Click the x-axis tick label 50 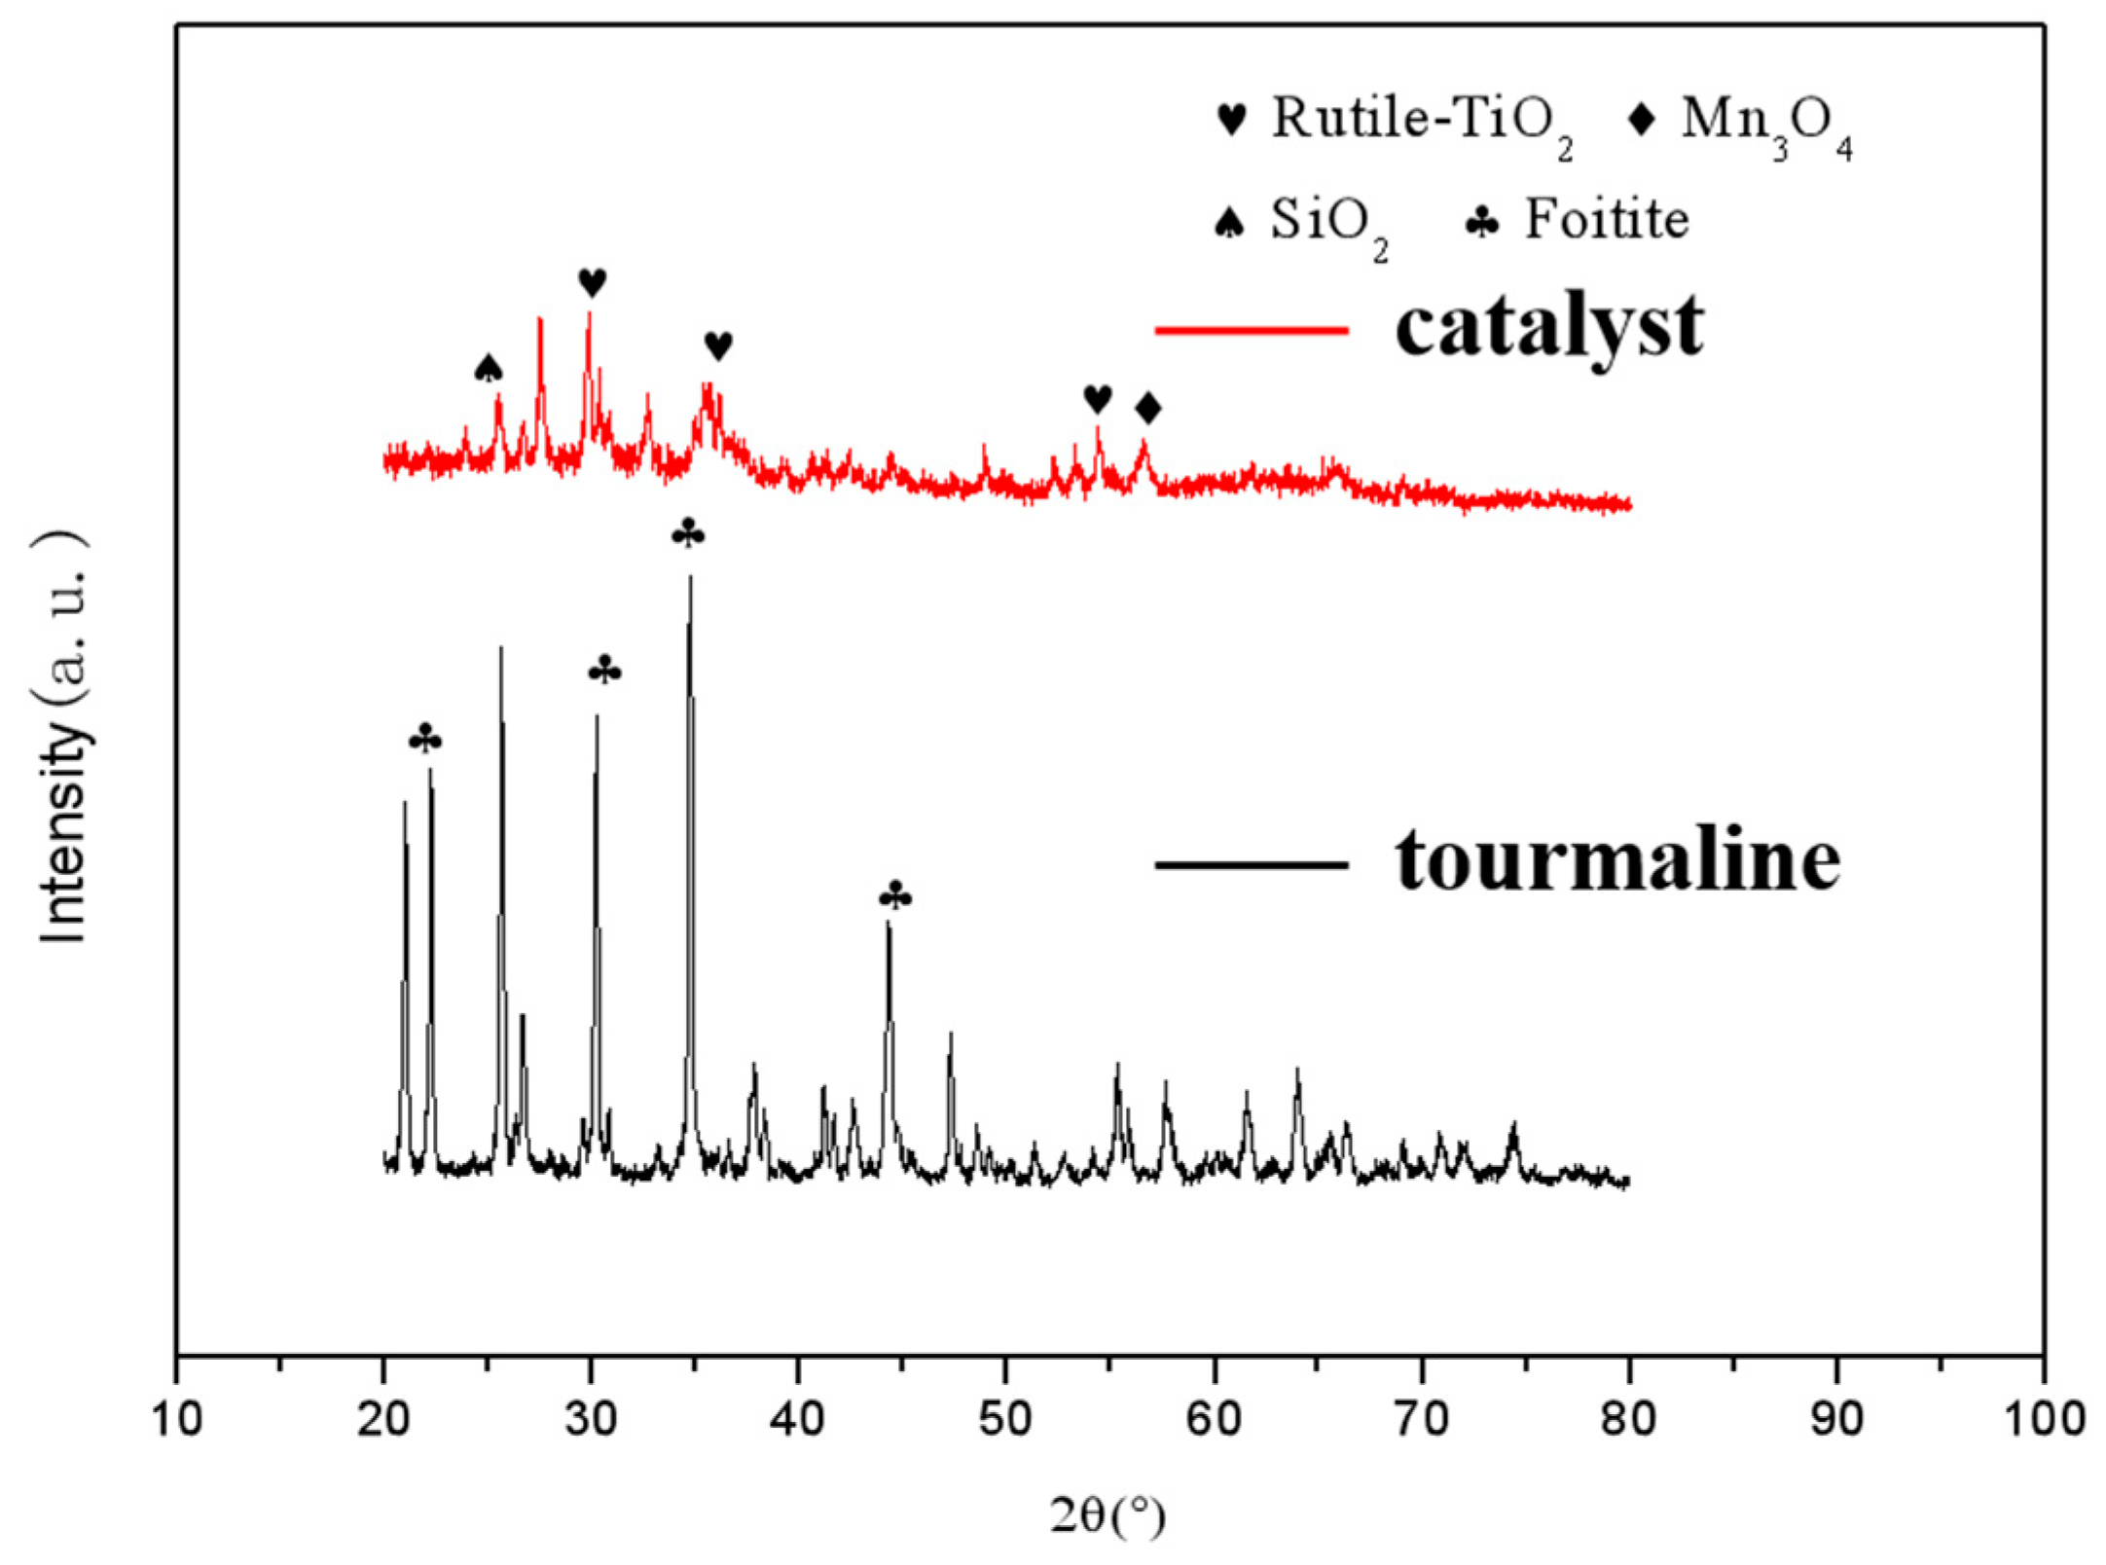[x=1005, y=1420]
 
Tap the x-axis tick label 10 [x=177, y=1420]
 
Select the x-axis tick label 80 [x=1628, y=1420]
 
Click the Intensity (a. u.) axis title [x=64, y=737]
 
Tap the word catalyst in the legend [x=1548, y=326]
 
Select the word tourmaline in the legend [x=1617, y=860]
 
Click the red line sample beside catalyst [x=1251, y=330]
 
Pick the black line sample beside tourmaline [x=1251, y=864]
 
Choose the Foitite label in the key [x=1606, y=220]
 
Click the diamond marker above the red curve [x=1148, y=408]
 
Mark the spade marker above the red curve [x=489, y=369]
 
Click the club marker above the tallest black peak [x=688, y=533]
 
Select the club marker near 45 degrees [x=895, y=895]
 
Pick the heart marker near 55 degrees [x=1097, y=398]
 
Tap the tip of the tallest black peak [x=690, y=577]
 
